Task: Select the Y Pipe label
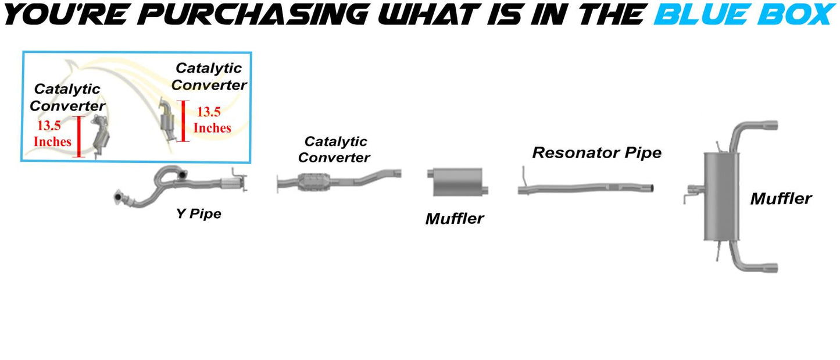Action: [198, 214]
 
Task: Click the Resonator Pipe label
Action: [596, 152]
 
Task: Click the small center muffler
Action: [457, 182]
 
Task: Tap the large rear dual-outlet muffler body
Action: [721, 197]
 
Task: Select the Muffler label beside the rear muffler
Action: [781, 199]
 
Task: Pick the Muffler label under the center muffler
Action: [455, 219]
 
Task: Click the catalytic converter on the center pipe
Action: [314, 182]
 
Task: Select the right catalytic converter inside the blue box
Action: [167, 120]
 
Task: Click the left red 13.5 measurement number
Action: [49, 125]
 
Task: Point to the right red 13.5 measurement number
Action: [209, 112]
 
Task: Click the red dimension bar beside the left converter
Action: [78, 137]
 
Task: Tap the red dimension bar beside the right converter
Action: [183, 121]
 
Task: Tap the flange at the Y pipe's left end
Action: [119, 197]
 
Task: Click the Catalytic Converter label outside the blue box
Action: [334, 149]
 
